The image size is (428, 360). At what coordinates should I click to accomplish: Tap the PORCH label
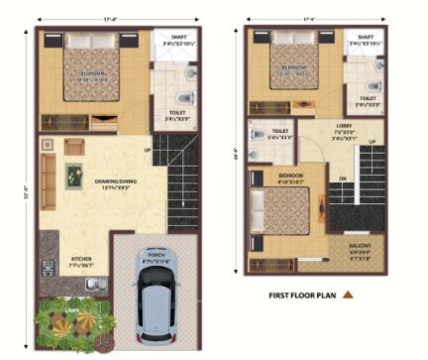point(157,255)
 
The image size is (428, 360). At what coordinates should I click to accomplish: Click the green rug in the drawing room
point(75,177)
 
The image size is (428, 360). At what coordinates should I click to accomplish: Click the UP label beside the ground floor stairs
point(149,152)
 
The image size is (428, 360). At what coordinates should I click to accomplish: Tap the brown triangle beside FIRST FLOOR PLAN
point(349,295)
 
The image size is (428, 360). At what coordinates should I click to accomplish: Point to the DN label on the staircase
point(343,180)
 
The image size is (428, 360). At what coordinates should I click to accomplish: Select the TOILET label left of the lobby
point(280,131)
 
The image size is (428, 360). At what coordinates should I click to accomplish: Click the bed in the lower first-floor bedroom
point(284,211)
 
